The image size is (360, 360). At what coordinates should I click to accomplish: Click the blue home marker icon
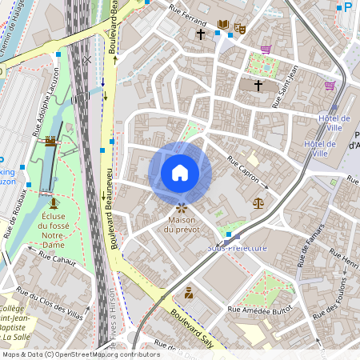point(180,173)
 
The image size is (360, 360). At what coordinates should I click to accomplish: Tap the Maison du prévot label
point(182,225)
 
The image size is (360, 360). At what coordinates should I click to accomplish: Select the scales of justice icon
point(258,203)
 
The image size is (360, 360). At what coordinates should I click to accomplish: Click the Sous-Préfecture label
point(237,248)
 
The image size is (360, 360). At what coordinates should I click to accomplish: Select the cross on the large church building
point(258,84)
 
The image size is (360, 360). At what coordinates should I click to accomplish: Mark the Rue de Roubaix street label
point(18,213)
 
